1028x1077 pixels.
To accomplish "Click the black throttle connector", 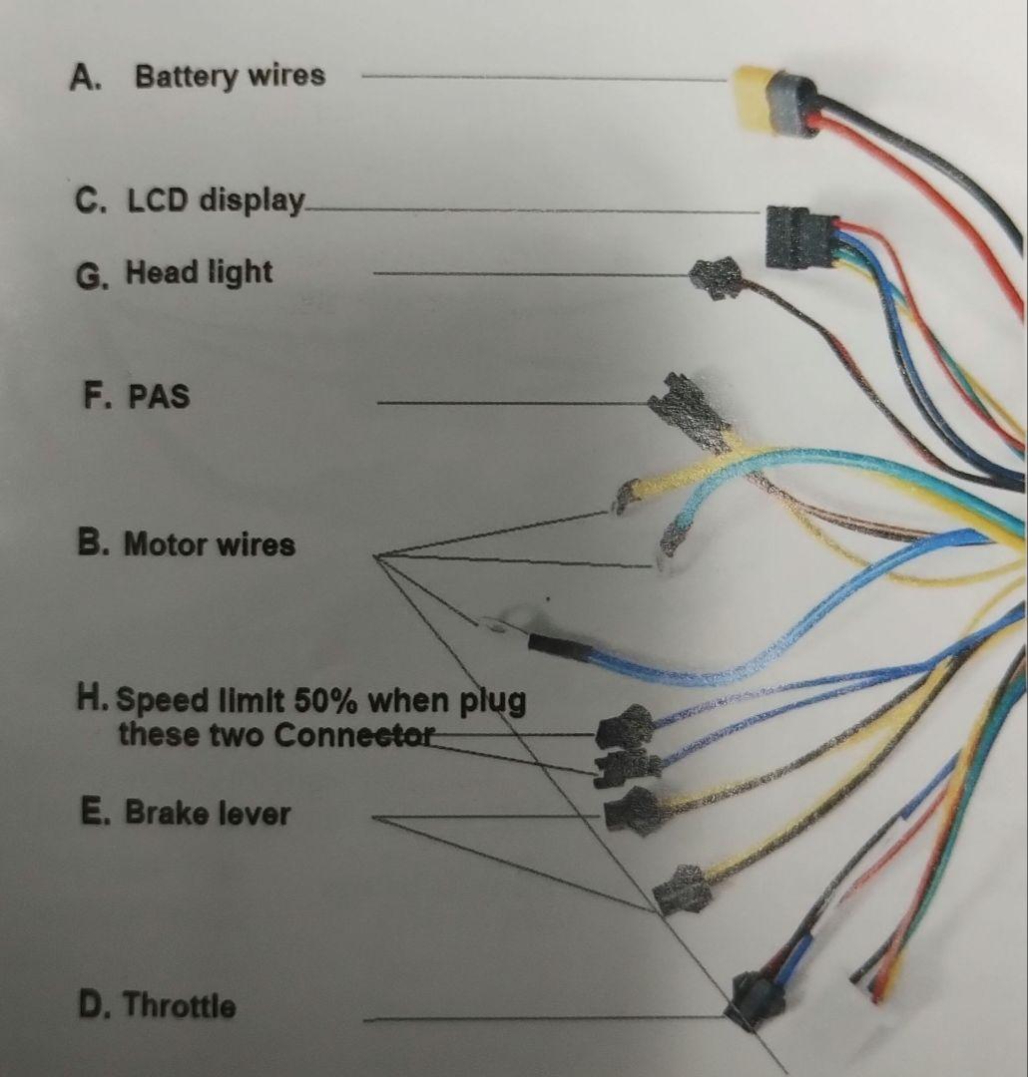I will pos(756,999).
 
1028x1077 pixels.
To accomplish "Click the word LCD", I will pos(159,200).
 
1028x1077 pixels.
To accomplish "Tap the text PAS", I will pos(159,398).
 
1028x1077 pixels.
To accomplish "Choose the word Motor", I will pos(165,545).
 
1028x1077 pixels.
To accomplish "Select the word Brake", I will pos(162,813).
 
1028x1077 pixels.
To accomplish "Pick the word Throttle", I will pos(179,1005).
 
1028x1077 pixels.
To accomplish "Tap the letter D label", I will pos(93,1005).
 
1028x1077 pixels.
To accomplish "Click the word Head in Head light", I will pos(161,272).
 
